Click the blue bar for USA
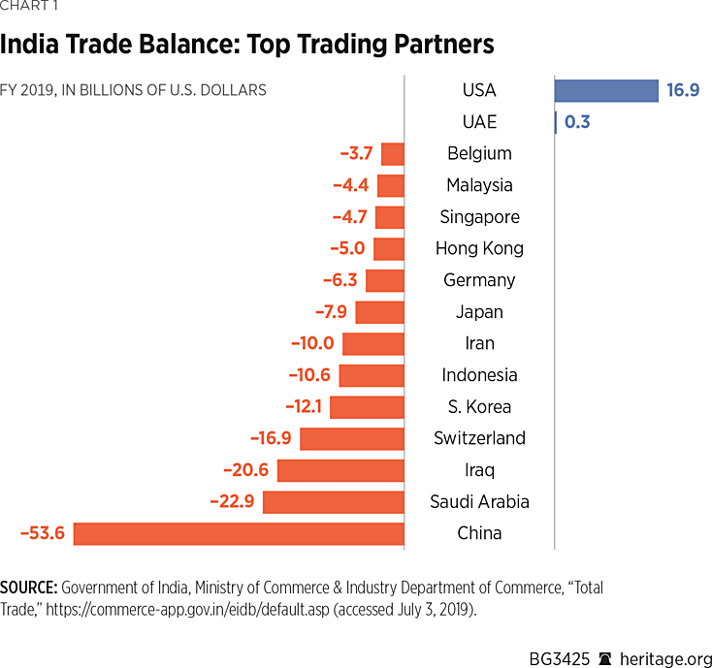point(606,90)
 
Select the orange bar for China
point(239,533)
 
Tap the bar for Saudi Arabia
point(333,501)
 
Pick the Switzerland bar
point(351,438)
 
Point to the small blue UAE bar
point(555,122)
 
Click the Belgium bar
point(392,153)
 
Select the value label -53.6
point(42,533)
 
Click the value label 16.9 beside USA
point(683,90)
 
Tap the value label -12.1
point(303,406)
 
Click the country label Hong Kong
point(479,248)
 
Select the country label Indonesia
point(479,375)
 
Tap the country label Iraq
point(479,470)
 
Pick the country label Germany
point(479,280)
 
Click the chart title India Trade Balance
point(247,45)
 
